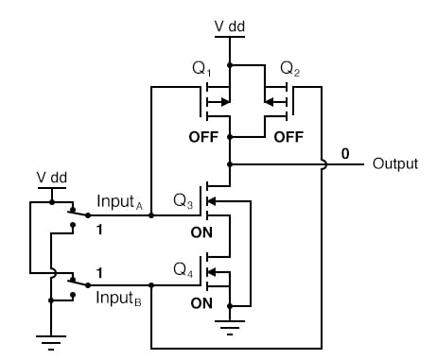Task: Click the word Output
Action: point(395,163)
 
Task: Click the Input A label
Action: point(121,202)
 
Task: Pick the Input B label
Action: point(121,299)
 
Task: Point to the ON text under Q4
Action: point(202,303)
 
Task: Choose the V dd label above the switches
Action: point(53,177)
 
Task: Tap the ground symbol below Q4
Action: point(228,327)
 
